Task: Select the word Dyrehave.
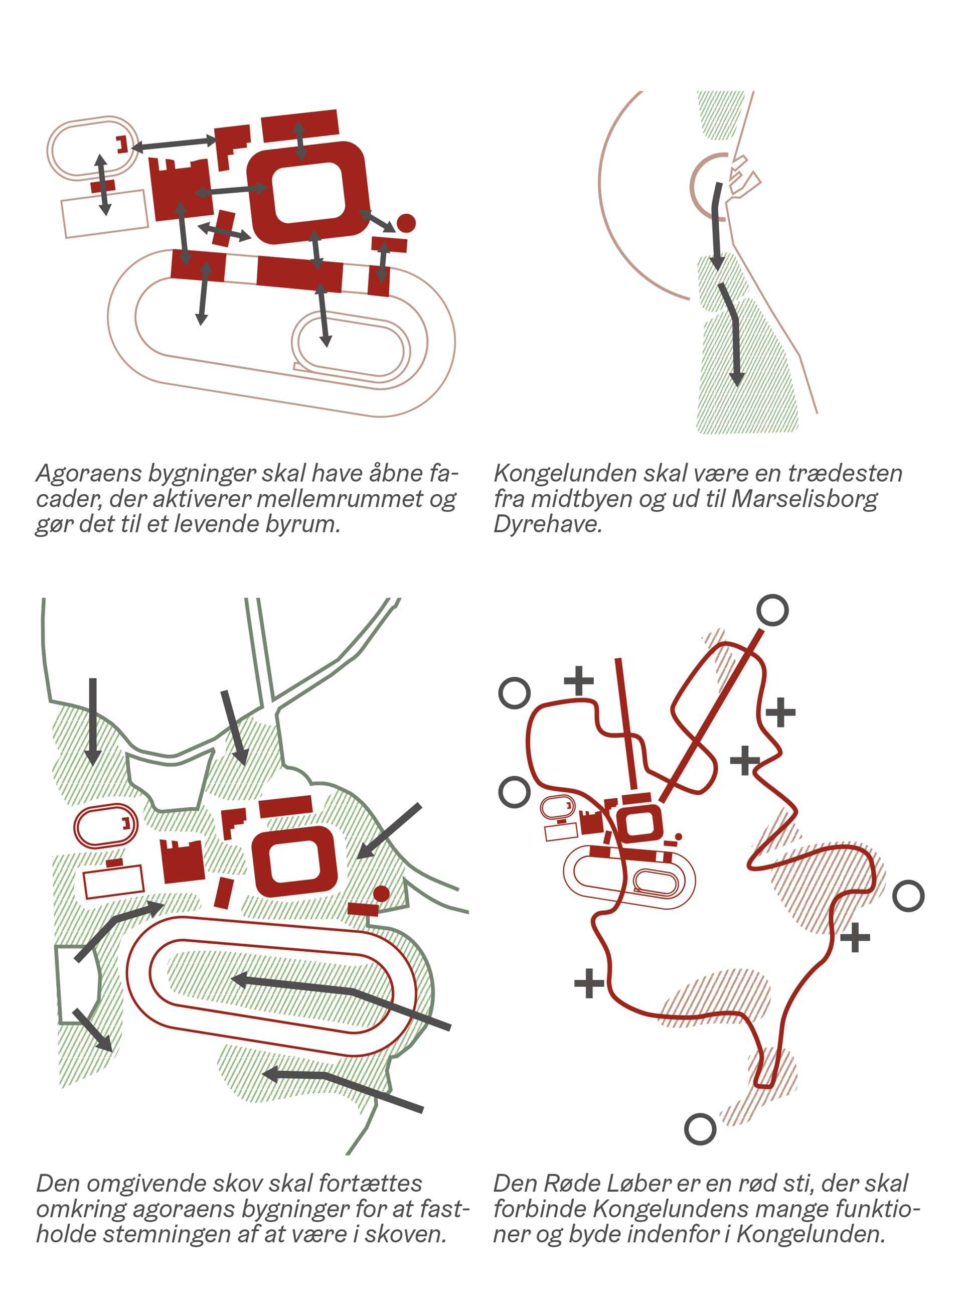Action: [547, 525]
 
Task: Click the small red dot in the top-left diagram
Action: [406, 223]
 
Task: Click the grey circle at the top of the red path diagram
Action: [772, 611]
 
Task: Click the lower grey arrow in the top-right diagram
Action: [731, 334]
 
